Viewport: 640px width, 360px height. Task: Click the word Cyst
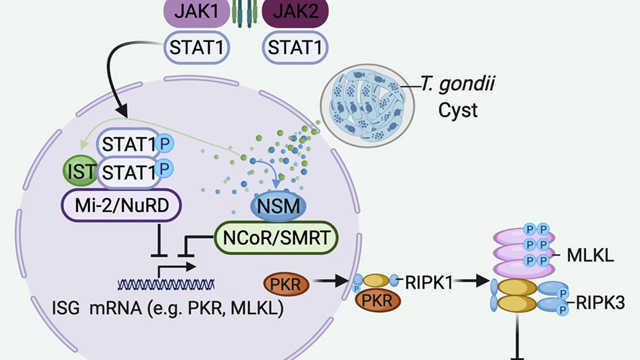click(458, 111)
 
